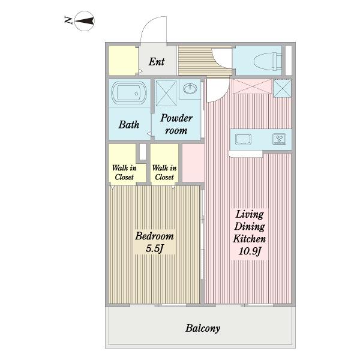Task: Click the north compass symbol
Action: pos(85,21)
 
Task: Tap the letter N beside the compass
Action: pos(68,20)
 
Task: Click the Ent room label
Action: pos(157,62)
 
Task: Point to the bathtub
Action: pos(129,93)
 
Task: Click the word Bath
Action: pos(129,125)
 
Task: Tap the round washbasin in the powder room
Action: pos(190,89)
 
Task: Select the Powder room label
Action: pos(176,124)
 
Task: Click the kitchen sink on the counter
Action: pos(243,139)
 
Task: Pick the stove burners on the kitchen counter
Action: pos(280,139)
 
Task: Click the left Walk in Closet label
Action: pos(124,172)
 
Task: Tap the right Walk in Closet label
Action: pos(164,172)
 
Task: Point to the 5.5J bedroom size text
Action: pos(155,248)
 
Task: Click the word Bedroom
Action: pos(154,236)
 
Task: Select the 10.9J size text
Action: pos(250,251)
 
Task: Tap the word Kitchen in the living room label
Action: pos(250,239)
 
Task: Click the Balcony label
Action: pos(203,328)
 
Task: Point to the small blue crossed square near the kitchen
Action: pos(283,88)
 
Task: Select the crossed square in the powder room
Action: pos(166,93)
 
